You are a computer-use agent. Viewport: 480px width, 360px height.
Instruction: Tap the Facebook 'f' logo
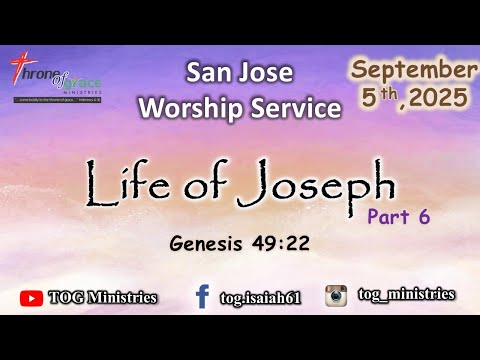click(x=202, y=295)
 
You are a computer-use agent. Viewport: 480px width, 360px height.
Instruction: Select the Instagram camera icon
click(x=337, y=295)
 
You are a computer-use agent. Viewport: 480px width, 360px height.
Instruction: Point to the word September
click(x=412, y=70)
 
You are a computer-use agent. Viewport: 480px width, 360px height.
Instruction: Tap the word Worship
click(x=200, y=105)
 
